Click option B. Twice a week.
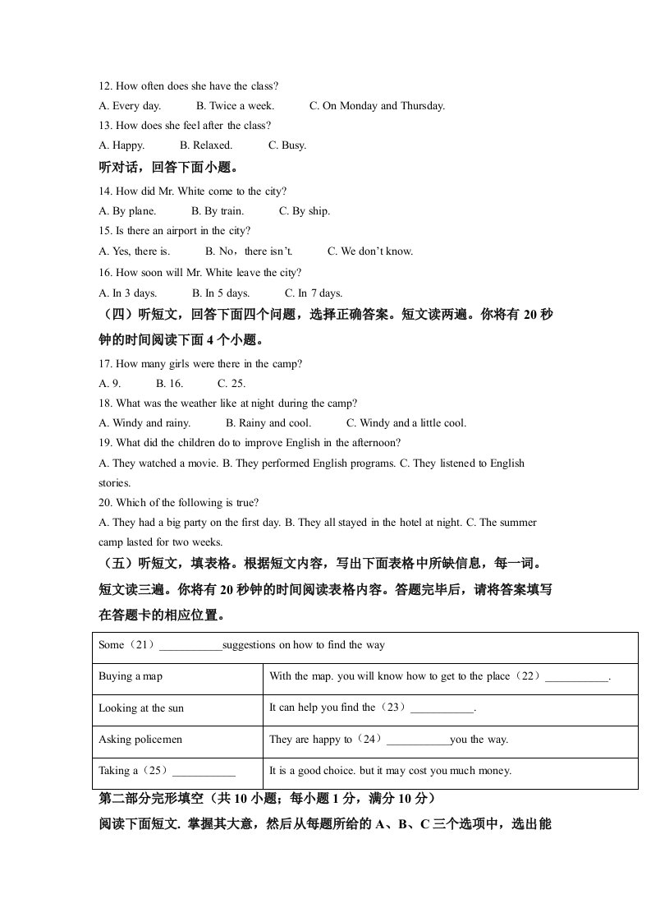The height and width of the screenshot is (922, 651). [235, 105]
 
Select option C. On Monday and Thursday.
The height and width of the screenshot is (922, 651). [377, 105]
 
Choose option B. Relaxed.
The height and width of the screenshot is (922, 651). [206, 145]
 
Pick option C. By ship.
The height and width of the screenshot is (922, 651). [305, 211]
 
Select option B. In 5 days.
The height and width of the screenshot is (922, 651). [221, 293]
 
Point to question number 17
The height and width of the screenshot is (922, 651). [105, 363]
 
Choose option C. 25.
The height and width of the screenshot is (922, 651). [232, 383]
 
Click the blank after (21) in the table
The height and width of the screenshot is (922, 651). [190, 646]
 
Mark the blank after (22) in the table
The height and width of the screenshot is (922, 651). [577, 677]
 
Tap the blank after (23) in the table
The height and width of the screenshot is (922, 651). [442, 708]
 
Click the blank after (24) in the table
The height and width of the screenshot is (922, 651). [417, 740]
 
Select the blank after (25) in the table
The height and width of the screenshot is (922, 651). [204, 772]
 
